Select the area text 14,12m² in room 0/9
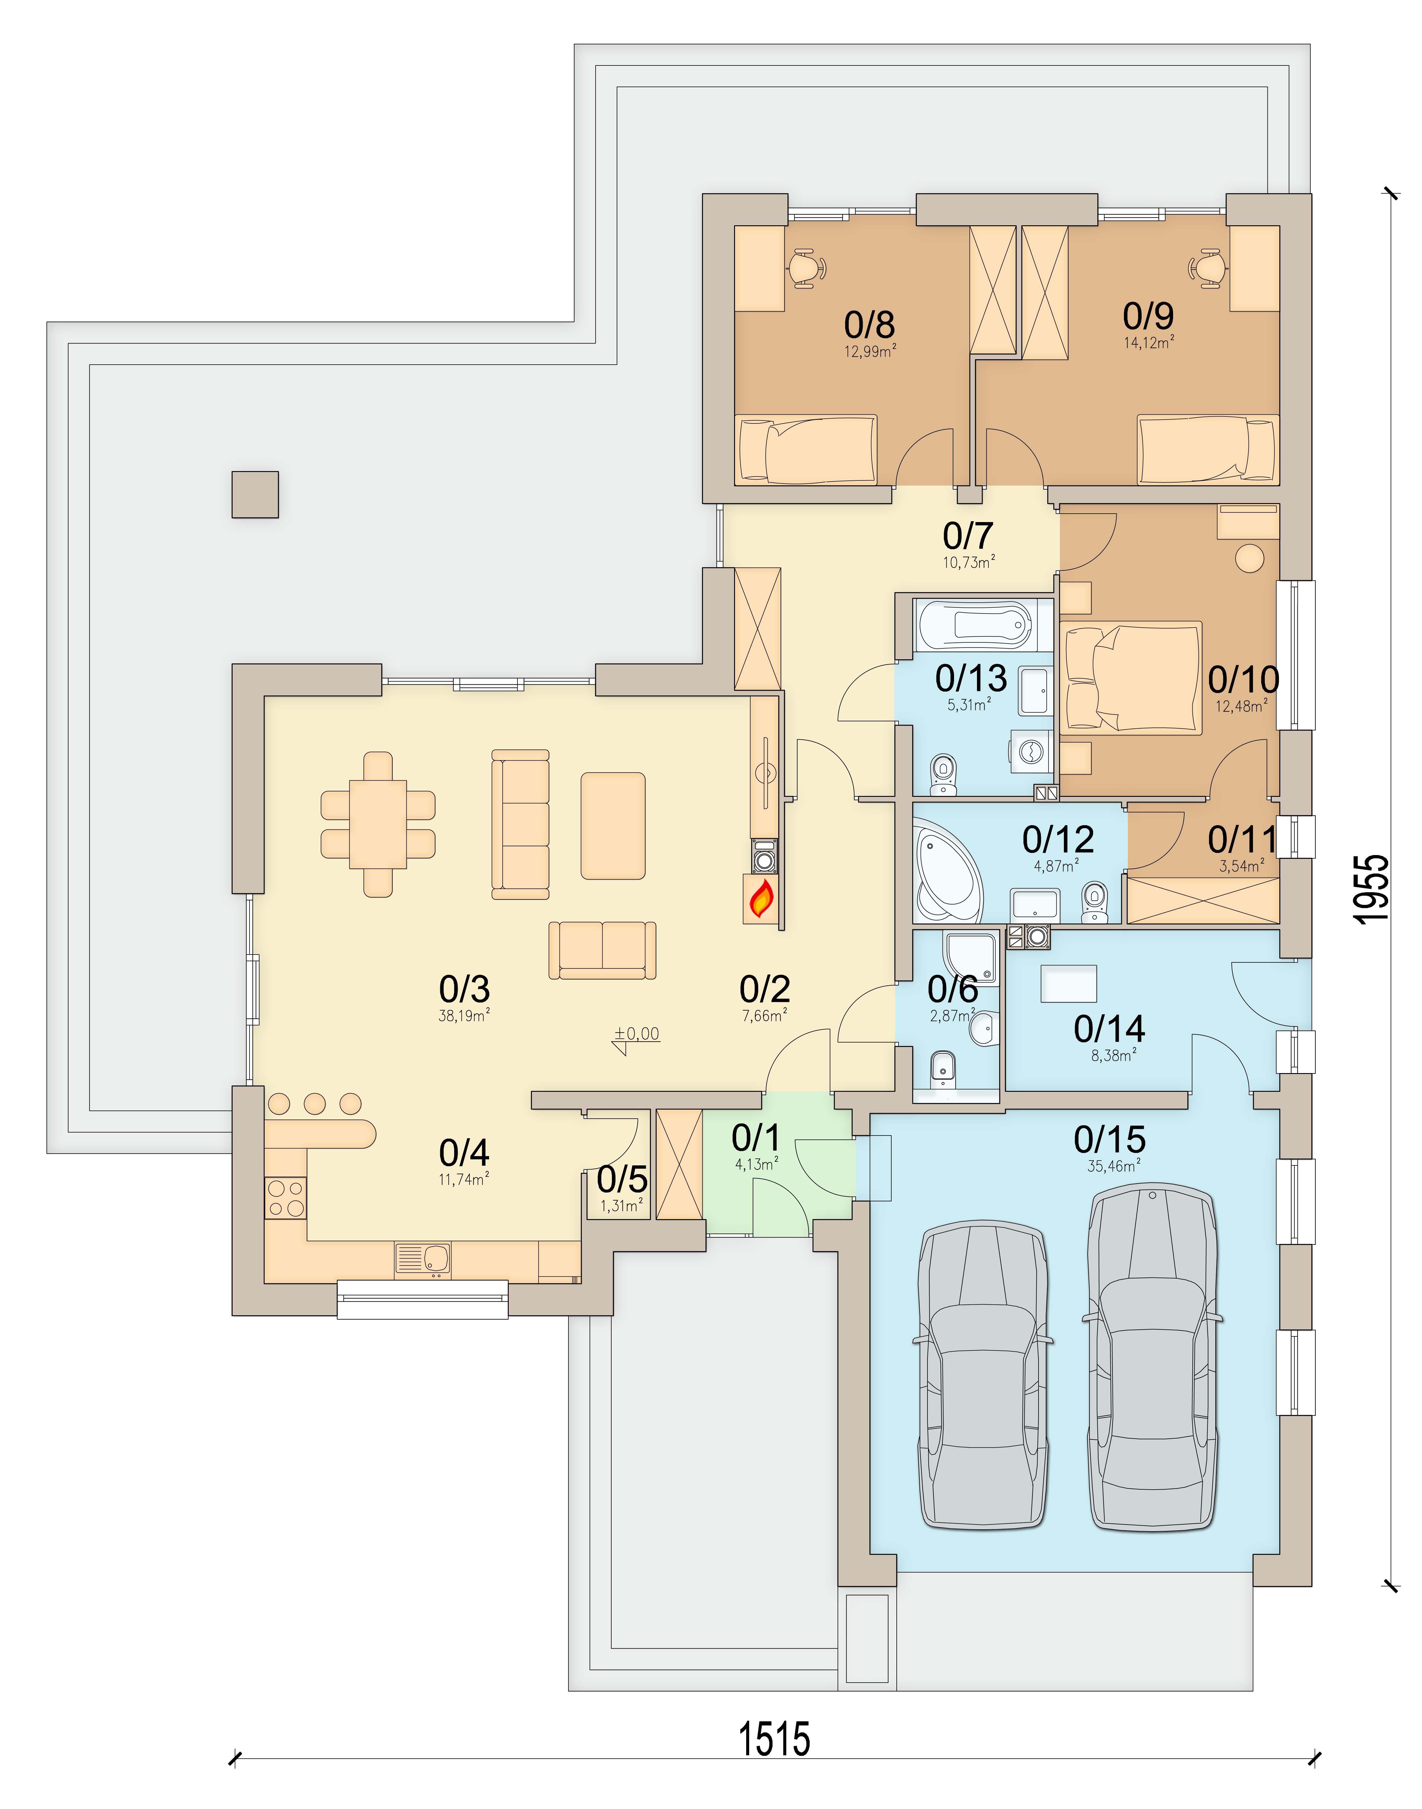[1149, 343]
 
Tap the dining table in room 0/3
[378, 824]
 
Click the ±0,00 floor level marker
[637, 1034]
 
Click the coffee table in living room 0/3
[613, 825]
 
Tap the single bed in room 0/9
[1206, 449]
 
